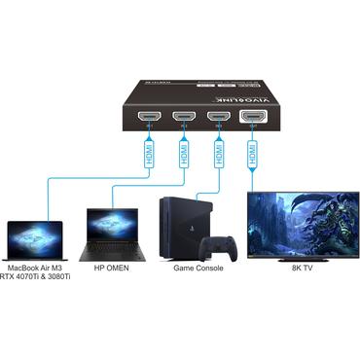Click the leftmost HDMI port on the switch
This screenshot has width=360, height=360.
coord(149,119)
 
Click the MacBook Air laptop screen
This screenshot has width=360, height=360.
coord(35,234)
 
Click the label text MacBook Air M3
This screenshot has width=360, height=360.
coord(35,267)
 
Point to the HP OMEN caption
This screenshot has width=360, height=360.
coord(112,267)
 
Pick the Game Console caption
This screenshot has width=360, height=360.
coord(198,267)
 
